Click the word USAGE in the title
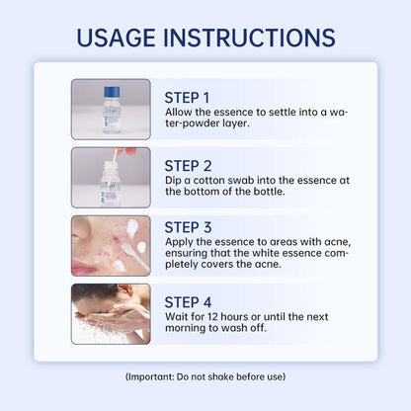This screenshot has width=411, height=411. point(116,38)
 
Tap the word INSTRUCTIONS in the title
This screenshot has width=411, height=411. point(250,38)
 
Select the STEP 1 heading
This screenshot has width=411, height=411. point(187,98)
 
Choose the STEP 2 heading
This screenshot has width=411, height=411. point(188,166)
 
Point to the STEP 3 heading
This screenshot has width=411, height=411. point(188,227)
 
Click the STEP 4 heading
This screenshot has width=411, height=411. point(188,302)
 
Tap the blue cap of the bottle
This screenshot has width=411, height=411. point(112,92)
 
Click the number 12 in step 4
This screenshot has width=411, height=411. point(213,317)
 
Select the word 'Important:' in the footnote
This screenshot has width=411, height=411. point(151,376)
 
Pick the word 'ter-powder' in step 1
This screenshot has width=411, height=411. point(190,123)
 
